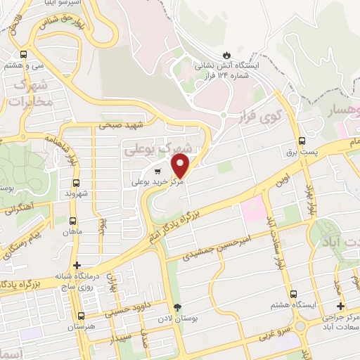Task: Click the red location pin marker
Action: click(181, 166)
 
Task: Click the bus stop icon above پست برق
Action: click(302, 141)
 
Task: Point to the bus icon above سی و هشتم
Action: click(25, 53)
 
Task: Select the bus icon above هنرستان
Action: click(81, 316)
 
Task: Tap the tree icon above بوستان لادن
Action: click(177, 307)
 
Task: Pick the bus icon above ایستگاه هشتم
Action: click(293, 295)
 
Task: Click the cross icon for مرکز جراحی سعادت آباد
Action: click(341, 306)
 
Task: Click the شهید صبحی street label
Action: click(121, 126)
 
